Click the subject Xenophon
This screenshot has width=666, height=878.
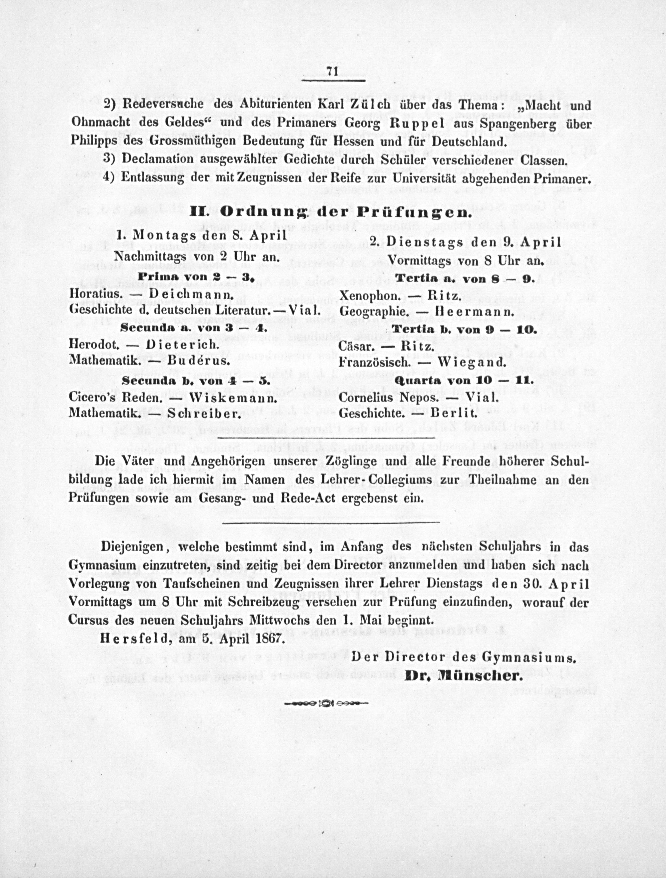369,296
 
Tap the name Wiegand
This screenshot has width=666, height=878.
472,362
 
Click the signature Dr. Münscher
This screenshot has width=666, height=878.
463,676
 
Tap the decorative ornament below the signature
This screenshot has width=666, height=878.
326,703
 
